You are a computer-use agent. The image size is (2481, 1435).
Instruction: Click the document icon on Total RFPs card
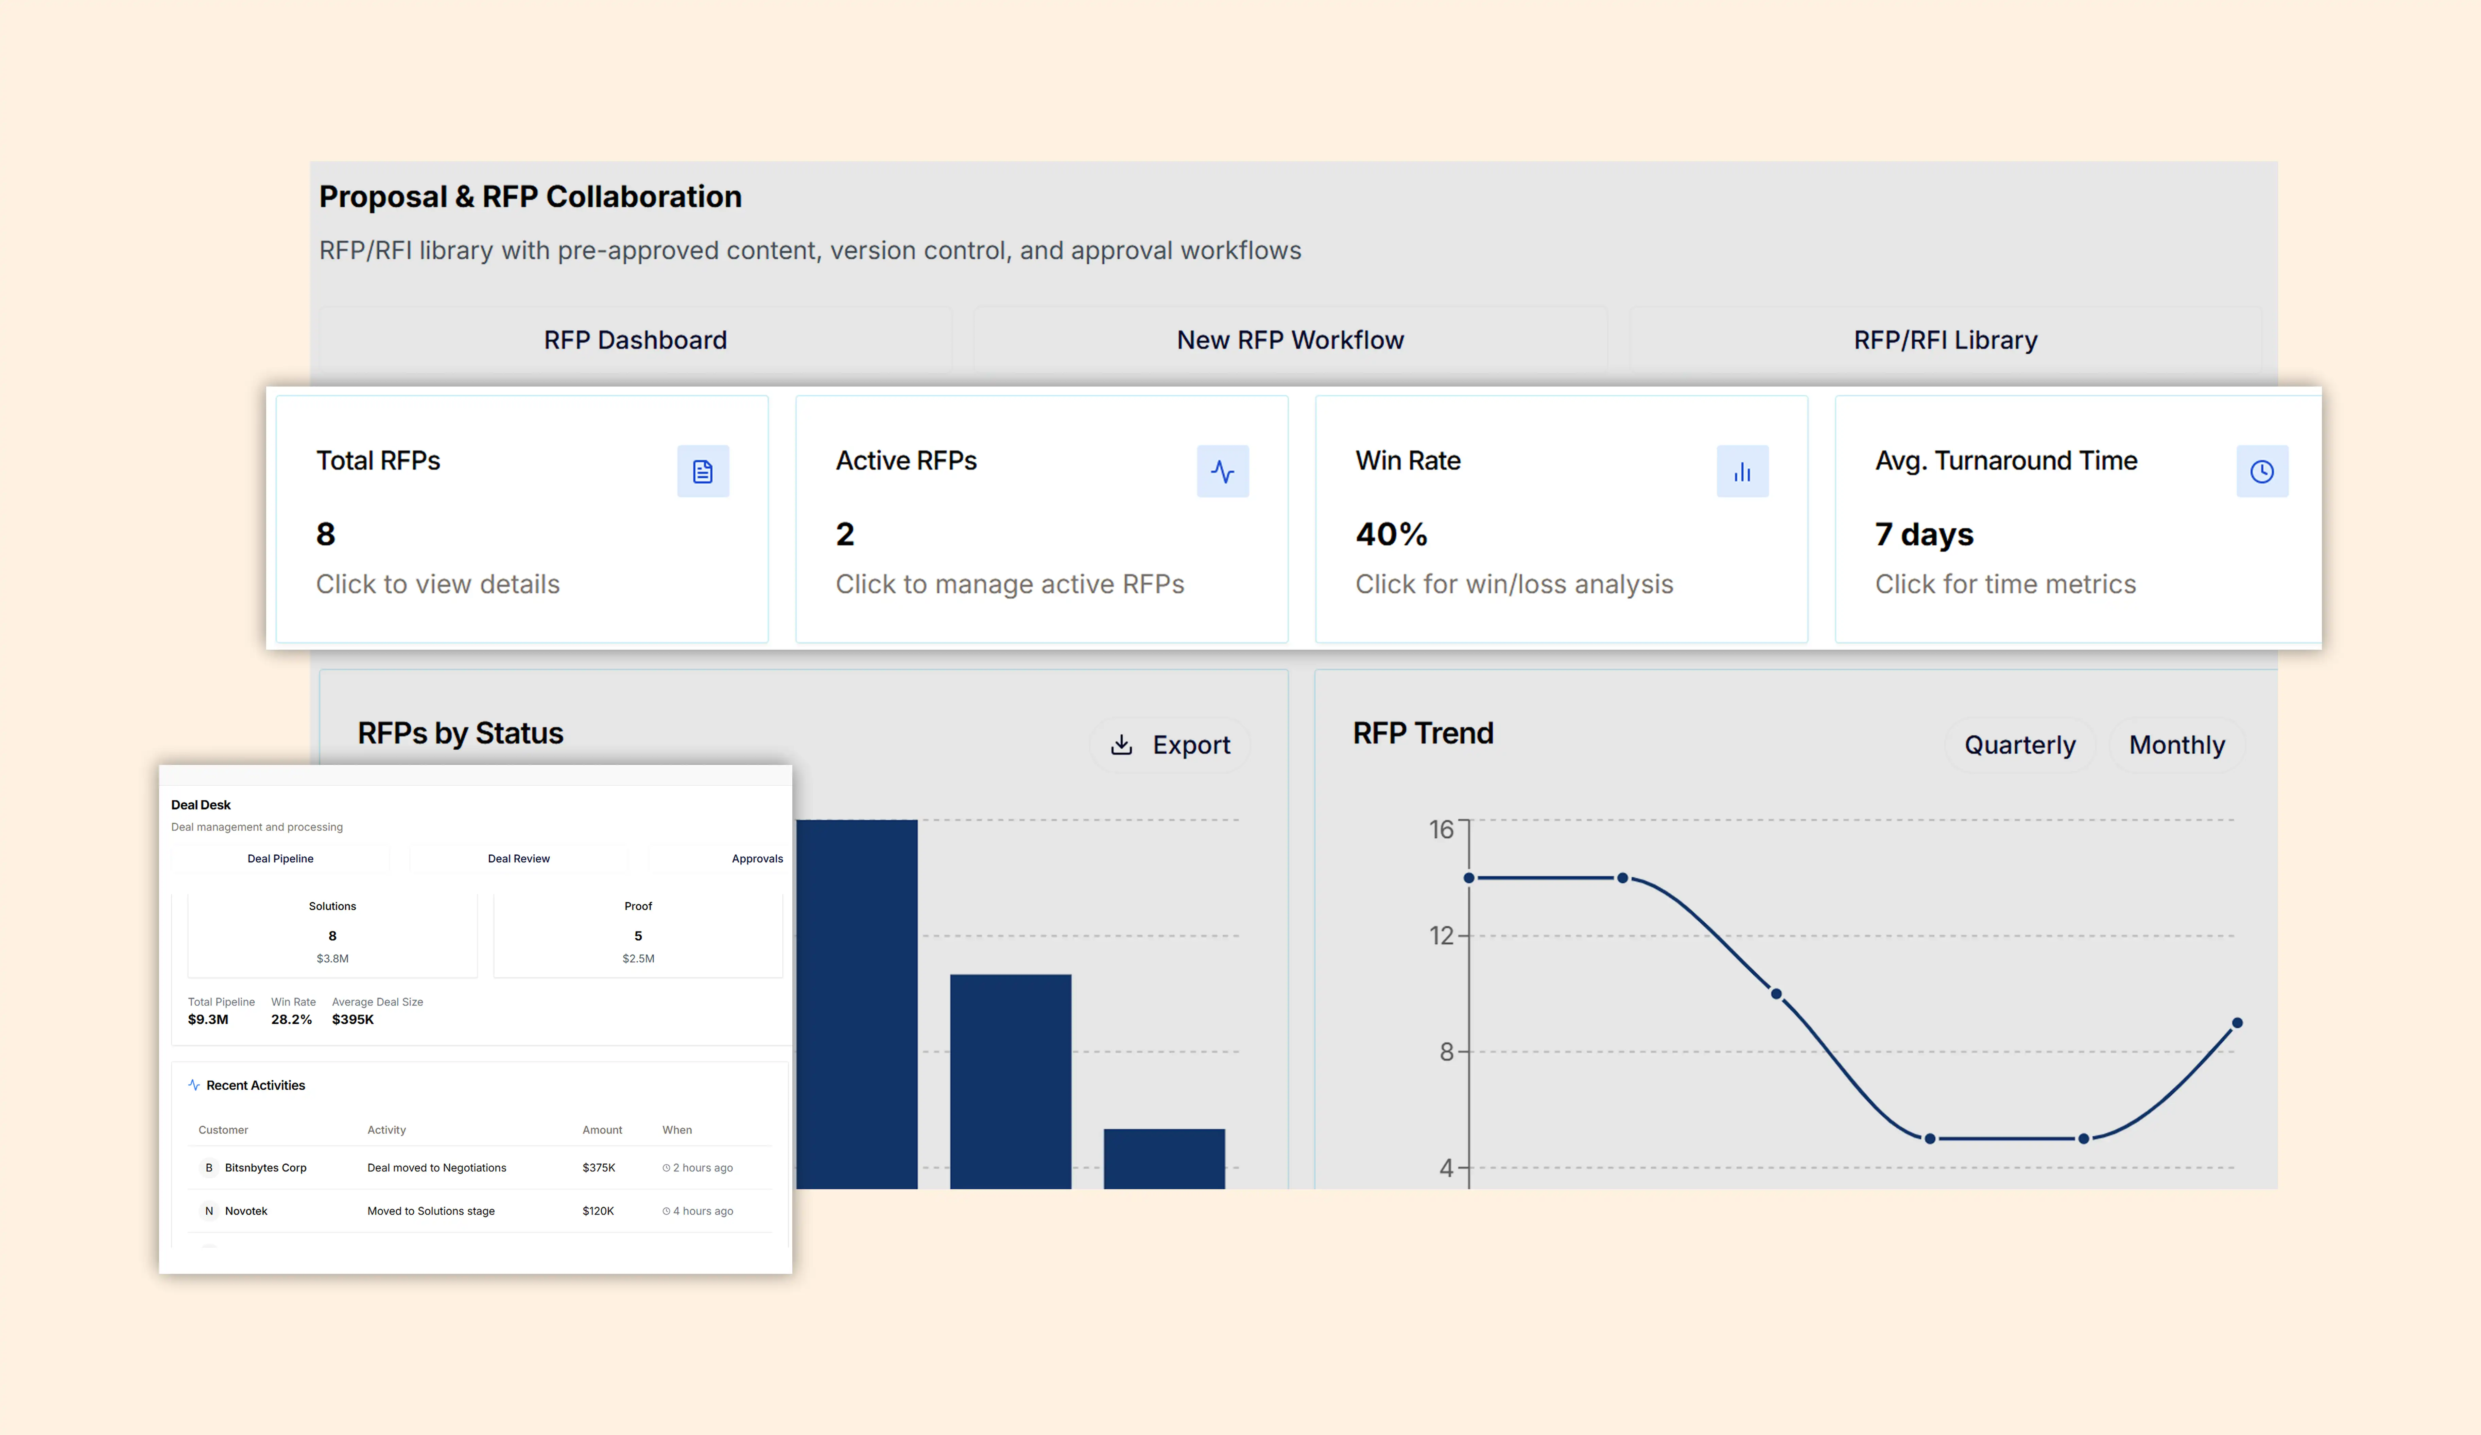click(x=703, y=472)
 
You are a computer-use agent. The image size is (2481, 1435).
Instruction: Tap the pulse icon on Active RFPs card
click(x=1223, y=472)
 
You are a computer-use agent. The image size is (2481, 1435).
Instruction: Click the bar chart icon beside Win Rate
click(x=1743, y=472)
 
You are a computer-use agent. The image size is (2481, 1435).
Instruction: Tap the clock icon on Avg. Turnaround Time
click(x=2262, y=472)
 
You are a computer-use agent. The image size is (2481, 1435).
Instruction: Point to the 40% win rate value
click(x=1391, y=534)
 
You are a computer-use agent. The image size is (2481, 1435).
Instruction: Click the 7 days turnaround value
click(x=1924, y=534)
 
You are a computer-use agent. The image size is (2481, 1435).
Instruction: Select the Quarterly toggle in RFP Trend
click(x=2020, y=746)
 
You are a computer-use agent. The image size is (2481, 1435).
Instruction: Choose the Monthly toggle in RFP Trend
click(x=2177, y=746)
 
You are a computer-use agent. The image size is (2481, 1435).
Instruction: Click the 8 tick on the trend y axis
click(x=1446, y=1052)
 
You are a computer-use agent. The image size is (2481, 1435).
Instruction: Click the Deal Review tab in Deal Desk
click(x=519, y=859)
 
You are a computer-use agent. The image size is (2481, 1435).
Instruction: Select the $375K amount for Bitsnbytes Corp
click(x=599, y=1168)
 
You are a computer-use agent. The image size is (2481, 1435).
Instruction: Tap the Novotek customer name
click(x=246, y=1211)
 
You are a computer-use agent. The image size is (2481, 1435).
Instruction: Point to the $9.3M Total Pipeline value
click(x=208, y=1019)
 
